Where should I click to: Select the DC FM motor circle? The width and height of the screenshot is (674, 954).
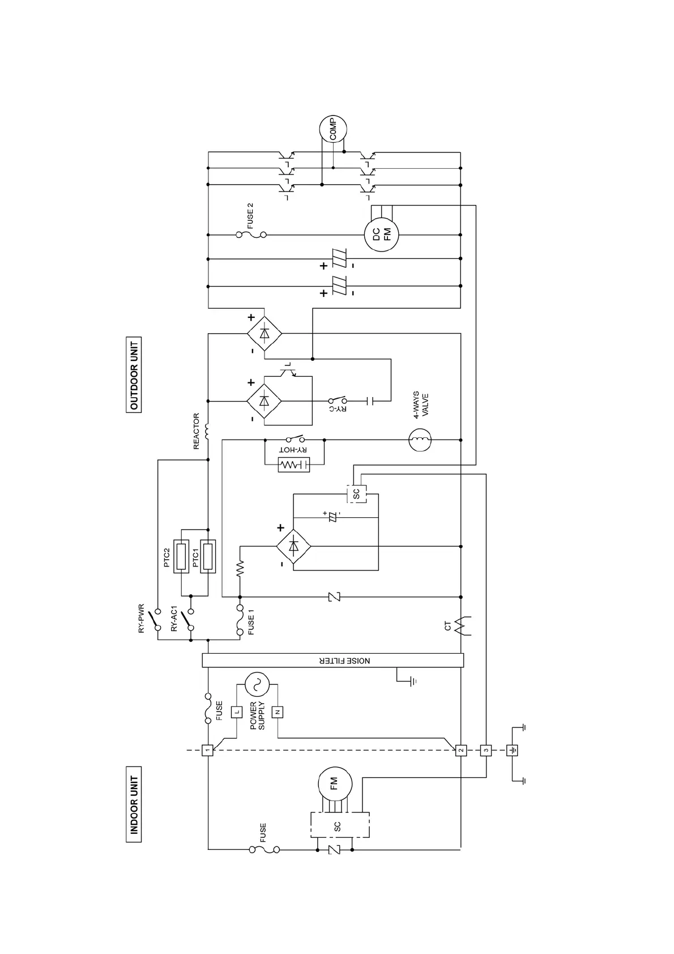[382, 234]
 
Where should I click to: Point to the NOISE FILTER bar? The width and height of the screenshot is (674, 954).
[333, 660]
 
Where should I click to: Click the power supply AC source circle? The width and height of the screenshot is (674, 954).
[257, 684]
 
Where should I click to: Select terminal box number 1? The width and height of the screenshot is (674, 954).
[208, 750]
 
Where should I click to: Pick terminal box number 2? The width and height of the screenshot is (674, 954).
[461, 750]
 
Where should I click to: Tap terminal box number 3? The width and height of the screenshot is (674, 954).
[485, 750]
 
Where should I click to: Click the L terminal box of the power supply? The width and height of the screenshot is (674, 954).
[237, 712]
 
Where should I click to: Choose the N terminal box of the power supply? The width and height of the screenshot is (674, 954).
[278, 712]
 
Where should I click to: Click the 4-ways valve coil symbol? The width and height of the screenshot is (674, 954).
[420, 440]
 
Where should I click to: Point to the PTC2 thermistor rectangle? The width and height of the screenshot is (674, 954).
[181, 557]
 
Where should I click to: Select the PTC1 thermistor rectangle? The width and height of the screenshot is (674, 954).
[208, 557]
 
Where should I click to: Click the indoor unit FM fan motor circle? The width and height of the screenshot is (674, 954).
[334, 783]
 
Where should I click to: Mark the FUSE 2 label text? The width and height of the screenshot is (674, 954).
[250, 215]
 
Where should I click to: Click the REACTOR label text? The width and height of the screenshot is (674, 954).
[197, 431]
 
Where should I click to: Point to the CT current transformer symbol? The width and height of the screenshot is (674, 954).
[460, 625]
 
